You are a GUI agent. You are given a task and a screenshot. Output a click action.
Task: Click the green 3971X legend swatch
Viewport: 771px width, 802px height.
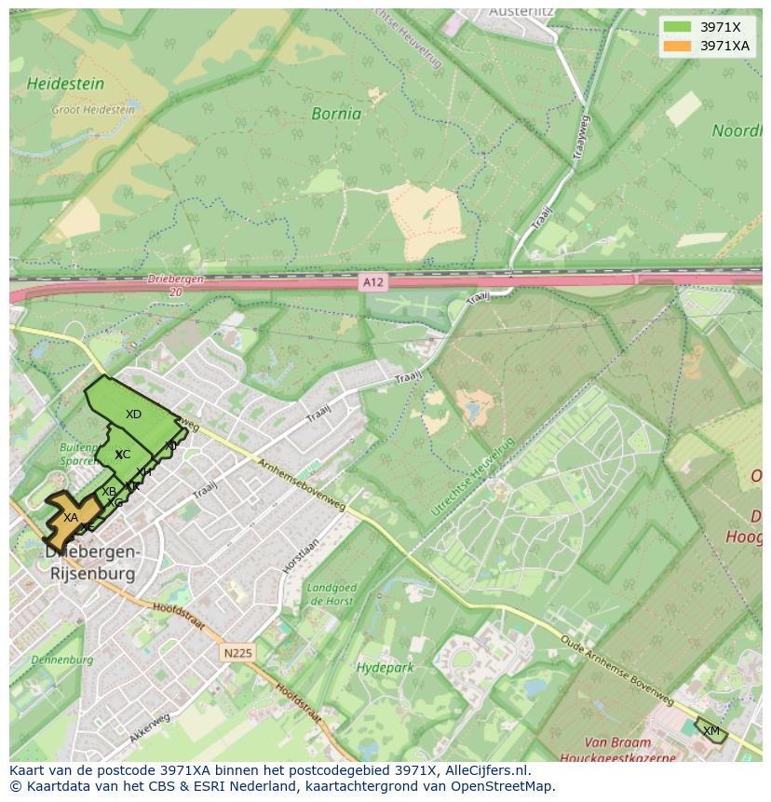point(677,27)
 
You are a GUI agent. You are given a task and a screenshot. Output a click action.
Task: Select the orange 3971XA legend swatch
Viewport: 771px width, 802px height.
point(677,46)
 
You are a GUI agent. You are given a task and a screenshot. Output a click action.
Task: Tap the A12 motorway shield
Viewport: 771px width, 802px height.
point(372,280)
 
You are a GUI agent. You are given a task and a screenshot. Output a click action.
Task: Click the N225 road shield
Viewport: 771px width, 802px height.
point(237,653)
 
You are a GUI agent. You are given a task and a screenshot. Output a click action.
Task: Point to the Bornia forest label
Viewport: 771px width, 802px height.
point(336,115)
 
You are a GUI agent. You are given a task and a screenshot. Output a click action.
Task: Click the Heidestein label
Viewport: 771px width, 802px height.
point(65,84)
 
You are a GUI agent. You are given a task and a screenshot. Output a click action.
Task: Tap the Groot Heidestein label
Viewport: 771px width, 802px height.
point(92,109)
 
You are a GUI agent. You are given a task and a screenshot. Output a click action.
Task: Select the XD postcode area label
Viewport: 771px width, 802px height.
point(133,414)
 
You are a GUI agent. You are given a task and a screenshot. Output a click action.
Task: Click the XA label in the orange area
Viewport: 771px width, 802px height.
point(71,518)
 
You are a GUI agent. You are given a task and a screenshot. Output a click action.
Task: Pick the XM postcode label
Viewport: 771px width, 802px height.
point(711,730)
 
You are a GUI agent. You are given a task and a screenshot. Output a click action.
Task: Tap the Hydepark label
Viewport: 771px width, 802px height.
point(385,668)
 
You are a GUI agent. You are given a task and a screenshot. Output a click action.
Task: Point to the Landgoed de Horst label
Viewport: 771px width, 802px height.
point(331,594)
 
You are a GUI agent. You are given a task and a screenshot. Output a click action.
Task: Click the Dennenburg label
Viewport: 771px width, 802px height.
point(61,659)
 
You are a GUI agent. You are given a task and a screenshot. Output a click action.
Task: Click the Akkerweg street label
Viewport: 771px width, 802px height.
point(150,727)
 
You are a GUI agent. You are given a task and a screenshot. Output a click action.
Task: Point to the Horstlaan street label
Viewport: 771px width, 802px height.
point(300,556)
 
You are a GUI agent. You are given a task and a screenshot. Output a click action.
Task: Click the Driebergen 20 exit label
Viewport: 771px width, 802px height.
point(175,285)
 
